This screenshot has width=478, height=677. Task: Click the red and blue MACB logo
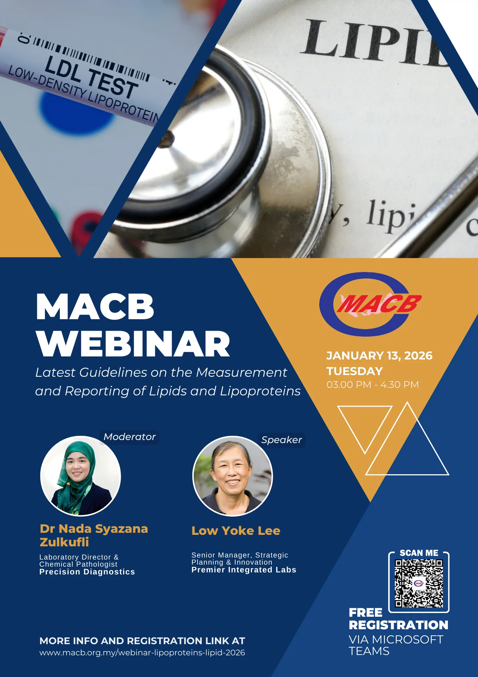pos(370,304)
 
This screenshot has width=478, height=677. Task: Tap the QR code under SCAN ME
pos(419,583)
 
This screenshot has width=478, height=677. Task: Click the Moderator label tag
pos(129,437)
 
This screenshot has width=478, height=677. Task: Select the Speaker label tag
pos(281,440)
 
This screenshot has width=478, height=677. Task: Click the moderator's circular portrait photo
pos(80,476)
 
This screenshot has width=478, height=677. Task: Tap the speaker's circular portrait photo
pos(233,476)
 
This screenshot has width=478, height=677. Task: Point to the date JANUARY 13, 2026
pos(379,355)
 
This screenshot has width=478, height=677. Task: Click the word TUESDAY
pos(355,371)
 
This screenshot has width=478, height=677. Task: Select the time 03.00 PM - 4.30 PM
pos(373,385)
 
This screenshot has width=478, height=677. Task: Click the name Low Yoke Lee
pos(236,530)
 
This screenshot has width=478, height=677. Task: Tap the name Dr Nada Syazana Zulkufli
pos(94,535)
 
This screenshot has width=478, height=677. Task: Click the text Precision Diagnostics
pos(87,572)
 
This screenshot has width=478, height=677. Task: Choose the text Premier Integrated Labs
pos(244,570)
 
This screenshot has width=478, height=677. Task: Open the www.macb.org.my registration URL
pos(142,653)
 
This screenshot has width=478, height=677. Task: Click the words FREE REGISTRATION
pos(399,619)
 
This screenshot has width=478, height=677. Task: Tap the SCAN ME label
pos(419,553)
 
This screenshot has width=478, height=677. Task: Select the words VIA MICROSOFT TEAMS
pos(396,645)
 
